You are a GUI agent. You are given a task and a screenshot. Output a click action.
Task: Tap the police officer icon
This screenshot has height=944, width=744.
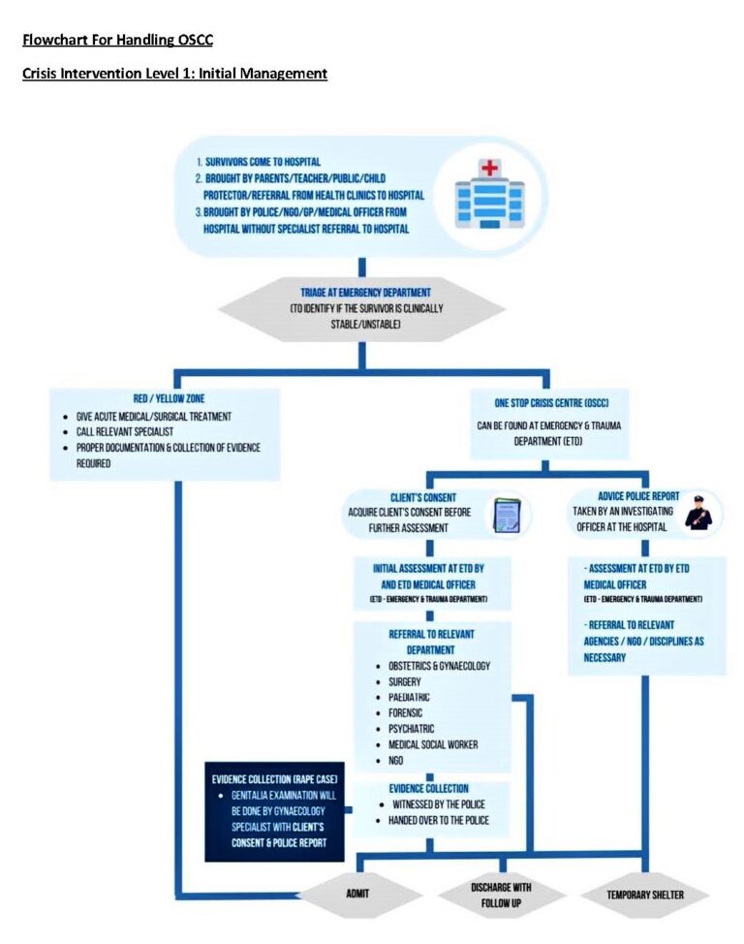coord(697,513)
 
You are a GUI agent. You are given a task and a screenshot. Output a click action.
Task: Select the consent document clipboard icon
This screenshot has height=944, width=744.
coord(506,515)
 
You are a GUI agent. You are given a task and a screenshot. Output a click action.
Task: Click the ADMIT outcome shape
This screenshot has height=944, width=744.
coord(360,894)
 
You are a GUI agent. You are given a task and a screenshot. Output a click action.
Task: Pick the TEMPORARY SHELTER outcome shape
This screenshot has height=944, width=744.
coord(645,894)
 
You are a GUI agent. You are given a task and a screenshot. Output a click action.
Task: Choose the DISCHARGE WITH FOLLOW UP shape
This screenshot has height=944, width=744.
coord(501,894)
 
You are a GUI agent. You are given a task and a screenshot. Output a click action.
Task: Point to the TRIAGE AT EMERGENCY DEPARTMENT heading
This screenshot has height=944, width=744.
coord(361,293)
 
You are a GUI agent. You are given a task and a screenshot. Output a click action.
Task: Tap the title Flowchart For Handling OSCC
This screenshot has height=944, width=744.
coord(117,40)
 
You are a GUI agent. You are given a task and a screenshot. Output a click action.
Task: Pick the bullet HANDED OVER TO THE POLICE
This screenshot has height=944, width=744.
coord(439,820)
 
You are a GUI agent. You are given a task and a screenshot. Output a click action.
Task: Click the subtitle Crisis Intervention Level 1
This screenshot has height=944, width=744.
coord(174,73)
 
